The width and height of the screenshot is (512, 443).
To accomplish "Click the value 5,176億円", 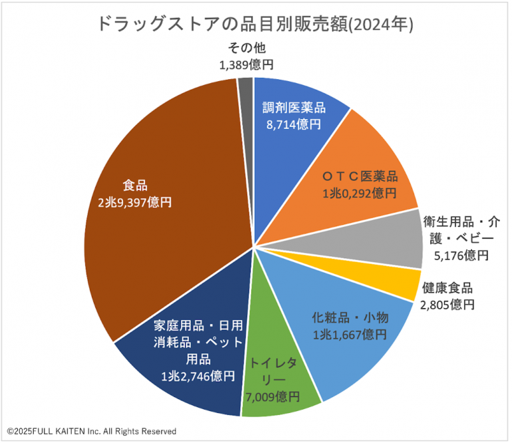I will tap(461, 255).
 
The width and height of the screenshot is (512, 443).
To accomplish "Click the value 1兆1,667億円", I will tap(350, 333).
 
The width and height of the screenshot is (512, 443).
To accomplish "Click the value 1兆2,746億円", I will tap(197, 376).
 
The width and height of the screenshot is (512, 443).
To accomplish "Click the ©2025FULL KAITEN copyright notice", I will tap(92, 431).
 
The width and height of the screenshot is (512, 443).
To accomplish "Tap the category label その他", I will tap(247, 48).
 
